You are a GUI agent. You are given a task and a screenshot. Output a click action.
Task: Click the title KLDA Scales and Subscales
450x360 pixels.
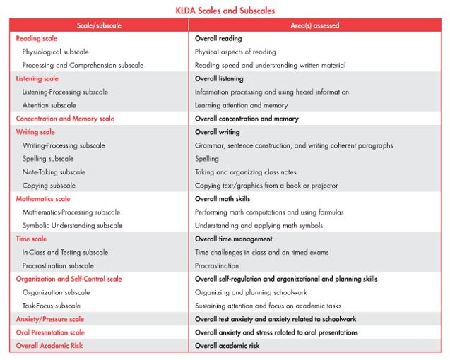tap(225, 11)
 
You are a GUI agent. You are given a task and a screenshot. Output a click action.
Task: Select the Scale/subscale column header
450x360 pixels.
tap(99, 25)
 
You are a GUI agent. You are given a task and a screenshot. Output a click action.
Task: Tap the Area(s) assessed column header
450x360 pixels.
tap(315, 25)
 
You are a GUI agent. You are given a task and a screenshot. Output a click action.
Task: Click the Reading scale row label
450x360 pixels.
tap(37, 38)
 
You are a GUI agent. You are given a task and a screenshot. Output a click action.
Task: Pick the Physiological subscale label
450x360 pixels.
tap(55, 52)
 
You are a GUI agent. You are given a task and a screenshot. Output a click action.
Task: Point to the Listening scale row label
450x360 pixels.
tap(37, 78)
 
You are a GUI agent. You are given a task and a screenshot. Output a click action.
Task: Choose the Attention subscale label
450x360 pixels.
tap(49, 105)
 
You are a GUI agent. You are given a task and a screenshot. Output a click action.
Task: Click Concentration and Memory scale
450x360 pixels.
tap(65, 119)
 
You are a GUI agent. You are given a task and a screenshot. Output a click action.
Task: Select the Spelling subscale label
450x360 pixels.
tap(48, 159)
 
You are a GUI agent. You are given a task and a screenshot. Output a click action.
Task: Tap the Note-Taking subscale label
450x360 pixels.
tap(54, 172)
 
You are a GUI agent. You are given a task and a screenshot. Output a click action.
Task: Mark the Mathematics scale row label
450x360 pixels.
tap(43, 199)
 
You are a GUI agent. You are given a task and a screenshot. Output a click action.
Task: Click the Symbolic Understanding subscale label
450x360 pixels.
tap(72, 226)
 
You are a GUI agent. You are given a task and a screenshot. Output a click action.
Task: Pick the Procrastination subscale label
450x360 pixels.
tap(58, 265)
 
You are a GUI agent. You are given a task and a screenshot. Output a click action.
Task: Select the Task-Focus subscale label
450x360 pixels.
tap(52, 306)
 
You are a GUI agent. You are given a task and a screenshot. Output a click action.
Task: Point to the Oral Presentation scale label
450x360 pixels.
tap(50, 332)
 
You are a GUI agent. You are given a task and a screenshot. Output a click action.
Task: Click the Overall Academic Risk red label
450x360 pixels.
tap(49, 346)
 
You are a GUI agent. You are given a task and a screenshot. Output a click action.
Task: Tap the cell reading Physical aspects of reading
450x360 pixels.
tap(235, 52)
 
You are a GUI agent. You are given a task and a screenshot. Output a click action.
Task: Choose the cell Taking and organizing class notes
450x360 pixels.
tap(246, 172)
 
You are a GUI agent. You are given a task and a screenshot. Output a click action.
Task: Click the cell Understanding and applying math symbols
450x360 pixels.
tap(259, 226)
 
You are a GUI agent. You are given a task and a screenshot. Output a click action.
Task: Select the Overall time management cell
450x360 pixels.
tap(234, 239)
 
